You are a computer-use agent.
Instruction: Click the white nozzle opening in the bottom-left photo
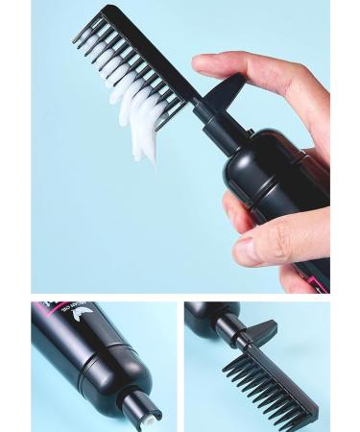click(152, 416)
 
